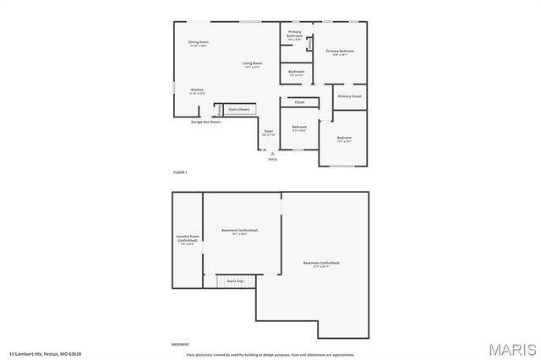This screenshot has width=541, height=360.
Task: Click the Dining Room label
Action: [198, 42]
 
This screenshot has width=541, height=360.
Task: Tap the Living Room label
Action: [253, 64]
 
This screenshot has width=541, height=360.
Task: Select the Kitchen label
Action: [197, 90]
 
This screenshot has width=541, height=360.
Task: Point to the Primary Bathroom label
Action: [294, 35]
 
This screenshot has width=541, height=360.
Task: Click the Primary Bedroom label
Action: [340, 52]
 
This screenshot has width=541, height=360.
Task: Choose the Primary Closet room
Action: [349, 96]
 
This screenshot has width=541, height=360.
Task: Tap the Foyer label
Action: [269, 132]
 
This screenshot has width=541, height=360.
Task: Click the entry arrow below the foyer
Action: [272, 153]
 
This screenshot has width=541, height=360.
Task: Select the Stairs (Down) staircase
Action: [239, 109]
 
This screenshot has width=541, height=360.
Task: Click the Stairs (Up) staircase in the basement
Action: [234, 280]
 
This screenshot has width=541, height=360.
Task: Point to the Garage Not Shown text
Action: [205, 122]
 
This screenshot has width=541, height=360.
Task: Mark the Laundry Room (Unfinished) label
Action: [187, 238]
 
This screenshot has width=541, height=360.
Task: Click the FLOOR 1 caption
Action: [180, 172]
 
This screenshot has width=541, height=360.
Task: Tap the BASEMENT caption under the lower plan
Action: [181, 345]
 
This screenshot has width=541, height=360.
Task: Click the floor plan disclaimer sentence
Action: [270, 354]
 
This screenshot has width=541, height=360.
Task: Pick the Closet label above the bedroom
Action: [299, 102]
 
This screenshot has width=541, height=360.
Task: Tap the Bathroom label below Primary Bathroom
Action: [296, 73]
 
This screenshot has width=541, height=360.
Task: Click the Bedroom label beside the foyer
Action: [299, 129]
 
